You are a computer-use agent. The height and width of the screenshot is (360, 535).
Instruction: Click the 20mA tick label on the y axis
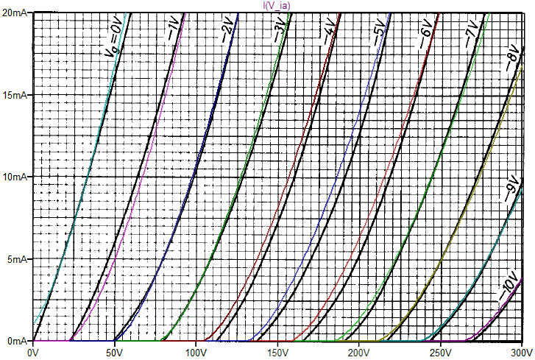15,13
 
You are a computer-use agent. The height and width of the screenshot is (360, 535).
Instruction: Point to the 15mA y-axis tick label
15,96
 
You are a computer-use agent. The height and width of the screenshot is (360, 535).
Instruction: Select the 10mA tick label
15,177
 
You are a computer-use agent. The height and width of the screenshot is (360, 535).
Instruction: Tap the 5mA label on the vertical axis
17,260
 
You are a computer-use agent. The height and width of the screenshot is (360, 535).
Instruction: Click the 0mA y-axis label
17,342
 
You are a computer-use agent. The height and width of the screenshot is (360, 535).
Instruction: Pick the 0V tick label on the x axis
32,353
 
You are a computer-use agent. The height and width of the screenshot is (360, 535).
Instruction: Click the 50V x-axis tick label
114,353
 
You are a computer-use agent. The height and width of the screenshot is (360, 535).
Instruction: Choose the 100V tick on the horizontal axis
196,353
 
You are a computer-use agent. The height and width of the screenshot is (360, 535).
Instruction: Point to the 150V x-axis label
277,353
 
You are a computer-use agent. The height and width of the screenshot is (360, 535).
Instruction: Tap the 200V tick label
358,353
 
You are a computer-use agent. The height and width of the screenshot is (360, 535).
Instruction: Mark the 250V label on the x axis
440,353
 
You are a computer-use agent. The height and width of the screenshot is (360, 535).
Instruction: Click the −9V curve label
511,190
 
